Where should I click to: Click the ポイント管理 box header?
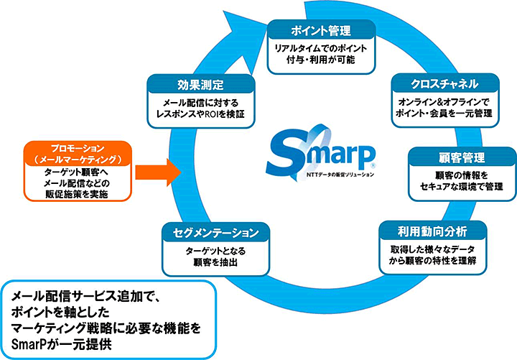[322, 31]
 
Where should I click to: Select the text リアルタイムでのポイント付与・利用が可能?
[322, 55]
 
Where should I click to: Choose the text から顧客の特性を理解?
[433, 261]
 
